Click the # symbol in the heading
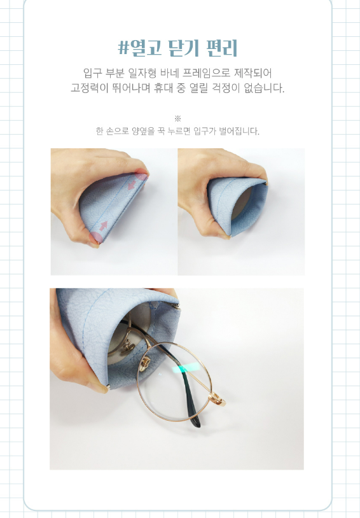coord(123,48)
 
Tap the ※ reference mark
coord(177,118)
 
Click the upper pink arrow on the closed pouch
coord(132,185)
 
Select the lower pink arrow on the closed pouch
coord(104,226)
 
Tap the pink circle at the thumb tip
coord(95,237)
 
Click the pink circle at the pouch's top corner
coord(141,175)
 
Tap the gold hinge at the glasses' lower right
coord(218,398)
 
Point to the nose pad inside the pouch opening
coord(128,347)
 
